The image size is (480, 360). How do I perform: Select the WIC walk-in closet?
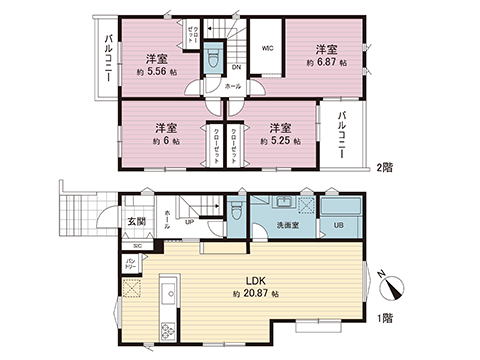pos(268,47)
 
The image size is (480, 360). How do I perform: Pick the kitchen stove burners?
pos(168,331)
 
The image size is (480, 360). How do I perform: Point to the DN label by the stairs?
pos(235,68)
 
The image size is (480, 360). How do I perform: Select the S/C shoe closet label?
pos(137,245)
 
